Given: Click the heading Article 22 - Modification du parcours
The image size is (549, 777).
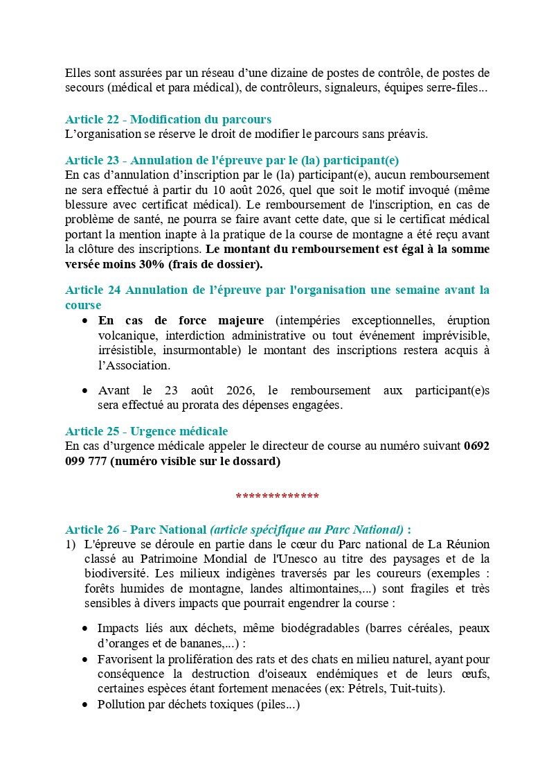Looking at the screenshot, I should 168,119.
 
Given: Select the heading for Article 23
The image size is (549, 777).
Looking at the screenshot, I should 232,160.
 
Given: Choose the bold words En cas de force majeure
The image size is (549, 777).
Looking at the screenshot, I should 181,320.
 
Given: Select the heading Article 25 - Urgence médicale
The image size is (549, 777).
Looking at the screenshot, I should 146,432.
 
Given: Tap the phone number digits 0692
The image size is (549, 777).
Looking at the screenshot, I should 476,446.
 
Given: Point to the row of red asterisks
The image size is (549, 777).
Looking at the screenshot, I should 277,497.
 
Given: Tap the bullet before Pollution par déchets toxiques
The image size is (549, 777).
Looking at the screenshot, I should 84,705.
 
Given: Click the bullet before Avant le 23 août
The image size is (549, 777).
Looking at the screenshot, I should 84,391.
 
